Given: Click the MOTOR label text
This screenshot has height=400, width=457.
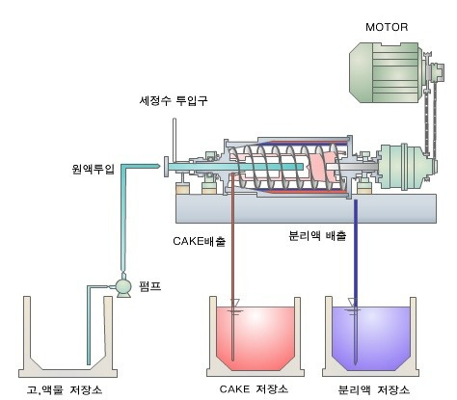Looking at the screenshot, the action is click(387, 27).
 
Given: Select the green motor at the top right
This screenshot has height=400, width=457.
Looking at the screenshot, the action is click(386, 73).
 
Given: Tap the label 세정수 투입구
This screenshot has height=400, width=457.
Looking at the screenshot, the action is click(174, 100).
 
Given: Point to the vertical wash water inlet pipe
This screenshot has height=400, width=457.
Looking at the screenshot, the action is click(175, 140).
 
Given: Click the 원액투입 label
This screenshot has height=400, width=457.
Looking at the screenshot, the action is click(94, 169).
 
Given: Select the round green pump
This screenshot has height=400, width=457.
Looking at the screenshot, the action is click(123, 285).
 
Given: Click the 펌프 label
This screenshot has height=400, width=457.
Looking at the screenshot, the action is click(149, 285).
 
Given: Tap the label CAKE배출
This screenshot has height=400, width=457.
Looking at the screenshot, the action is click(200, 241).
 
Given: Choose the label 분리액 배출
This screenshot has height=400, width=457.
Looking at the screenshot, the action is click(317, 236).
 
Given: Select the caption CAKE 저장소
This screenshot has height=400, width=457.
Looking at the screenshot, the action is click(254, 389).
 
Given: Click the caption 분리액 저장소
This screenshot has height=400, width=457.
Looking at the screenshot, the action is click(374, 389).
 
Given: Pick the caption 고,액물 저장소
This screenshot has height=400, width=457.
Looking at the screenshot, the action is click(65, 389).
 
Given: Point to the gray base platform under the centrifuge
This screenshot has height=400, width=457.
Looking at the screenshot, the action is click(306, 208).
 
